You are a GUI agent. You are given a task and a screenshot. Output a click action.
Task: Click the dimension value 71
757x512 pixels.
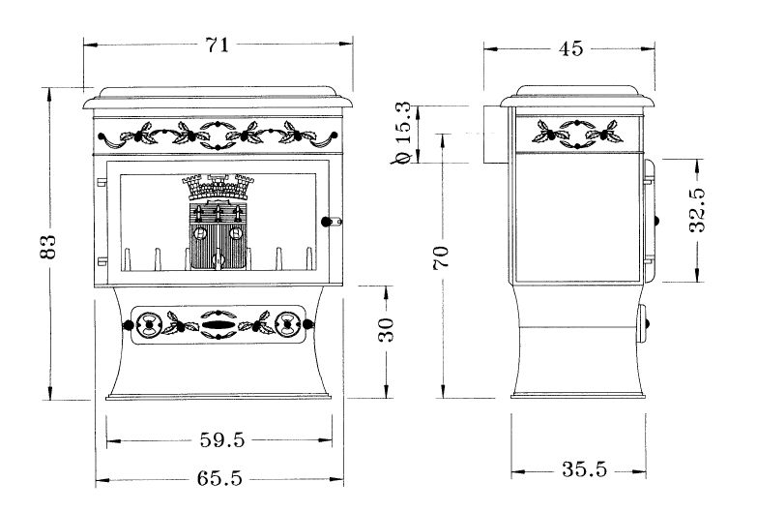(x=218, y=45)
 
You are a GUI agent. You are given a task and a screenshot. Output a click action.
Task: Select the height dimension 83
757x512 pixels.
(x=47, y=247)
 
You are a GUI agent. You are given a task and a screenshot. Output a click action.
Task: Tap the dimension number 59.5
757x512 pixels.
(x=222, y=440)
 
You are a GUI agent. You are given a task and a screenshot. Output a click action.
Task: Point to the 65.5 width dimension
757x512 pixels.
(x=219, y=479)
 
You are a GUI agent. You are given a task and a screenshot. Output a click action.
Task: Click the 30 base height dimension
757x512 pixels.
(x=386, y=331)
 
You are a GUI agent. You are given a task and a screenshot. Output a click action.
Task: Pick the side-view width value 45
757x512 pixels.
(x=571, y=48)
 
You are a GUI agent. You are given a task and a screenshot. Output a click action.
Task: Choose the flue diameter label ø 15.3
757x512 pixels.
(x=402, y=133)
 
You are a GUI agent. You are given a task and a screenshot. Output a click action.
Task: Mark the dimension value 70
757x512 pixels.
(x=441, y=257)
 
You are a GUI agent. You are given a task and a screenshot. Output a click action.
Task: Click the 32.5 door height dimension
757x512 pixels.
(x=697, y=210)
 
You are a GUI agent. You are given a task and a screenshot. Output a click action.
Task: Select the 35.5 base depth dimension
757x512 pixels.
(x=584, y=469)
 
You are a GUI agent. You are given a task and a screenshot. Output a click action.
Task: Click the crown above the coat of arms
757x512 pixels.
(x=218, y=187)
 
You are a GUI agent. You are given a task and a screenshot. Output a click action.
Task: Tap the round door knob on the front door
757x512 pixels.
(x=327, y=222)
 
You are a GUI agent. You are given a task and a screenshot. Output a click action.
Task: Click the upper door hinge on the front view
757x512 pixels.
(x=102, y=182)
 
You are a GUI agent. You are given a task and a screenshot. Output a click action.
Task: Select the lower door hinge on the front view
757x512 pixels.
(x=102, y=261)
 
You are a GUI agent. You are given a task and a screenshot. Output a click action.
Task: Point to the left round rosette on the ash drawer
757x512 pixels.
(x=149, y=324)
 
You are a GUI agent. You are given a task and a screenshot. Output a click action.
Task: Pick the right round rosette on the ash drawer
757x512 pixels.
(x=287, y=324)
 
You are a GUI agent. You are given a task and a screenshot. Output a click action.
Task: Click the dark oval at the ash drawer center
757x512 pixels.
(x=218, y=324)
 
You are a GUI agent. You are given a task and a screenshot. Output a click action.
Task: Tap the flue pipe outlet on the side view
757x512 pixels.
(x=495, y=135)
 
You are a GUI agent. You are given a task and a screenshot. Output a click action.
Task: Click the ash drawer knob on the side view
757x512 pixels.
(x=648, y=323)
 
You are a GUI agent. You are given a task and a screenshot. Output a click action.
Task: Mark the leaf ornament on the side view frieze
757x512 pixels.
(x=577, y=134)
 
